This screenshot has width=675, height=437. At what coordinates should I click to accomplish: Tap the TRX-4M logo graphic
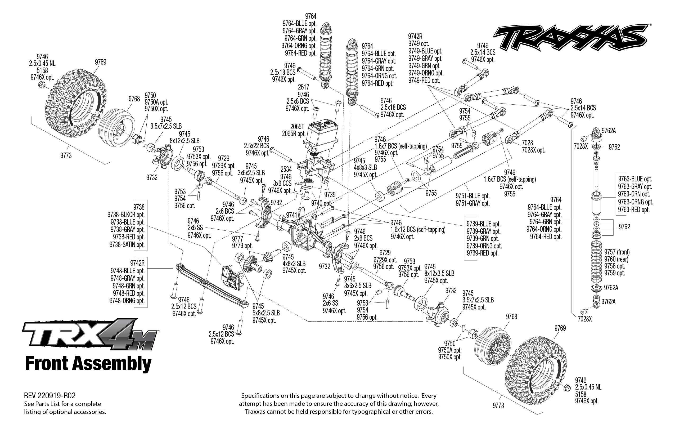coord(90,335)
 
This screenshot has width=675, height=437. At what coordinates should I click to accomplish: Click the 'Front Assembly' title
coord(88,364)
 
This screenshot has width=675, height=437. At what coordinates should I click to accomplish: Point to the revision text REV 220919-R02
coord(50,396)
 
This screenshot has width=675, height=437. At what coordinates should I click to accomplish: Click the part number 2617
coord(303,87)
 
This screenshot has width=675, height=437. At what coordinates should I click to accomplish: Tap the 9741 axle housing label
coord(291,215)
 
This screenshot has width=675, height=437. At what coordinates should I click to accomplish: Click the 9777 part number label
coord(238,238)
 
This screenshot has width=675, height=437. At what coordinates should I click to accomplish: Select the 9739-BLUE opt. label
coord(484,224)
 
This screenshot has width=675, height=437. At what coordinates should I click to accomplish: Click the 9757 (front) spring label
coord(617,252)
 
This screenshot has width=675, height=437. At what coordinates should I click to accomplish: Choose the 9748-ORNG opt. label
coord(127,301)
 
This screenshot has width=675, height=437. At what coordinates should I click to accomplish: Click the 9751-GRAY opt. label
coord(473,203)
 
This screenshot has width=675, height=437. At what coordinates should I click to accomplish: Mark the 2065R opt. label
coord(294,134)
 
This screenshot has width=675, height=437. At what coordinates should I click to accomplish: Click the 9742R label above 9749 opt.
coord(415,36)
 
